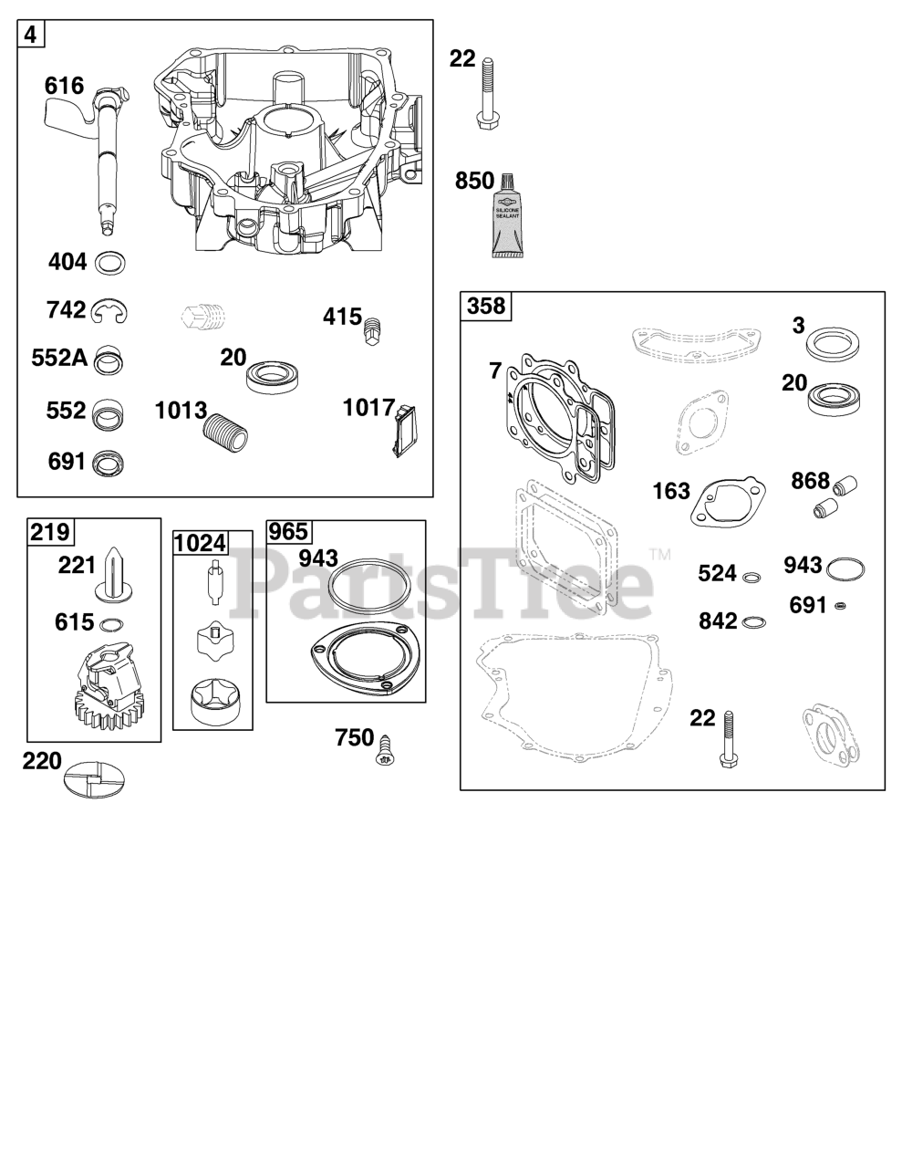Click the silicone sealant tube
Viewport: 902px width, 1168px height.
click(x=506, y=215)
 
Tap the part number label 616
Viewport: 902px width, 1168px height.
click(x=65, y=86)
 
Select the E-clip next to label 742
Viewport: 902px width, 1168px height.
click(x=109, y=312)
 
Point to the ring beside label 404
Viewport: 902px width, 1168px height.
click(x=110, y=263)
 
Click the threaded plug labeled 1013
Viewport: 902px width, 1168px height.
click(x=225, y=431)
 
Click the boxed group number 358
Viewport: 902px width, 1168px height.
click(x=486, y=306)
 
